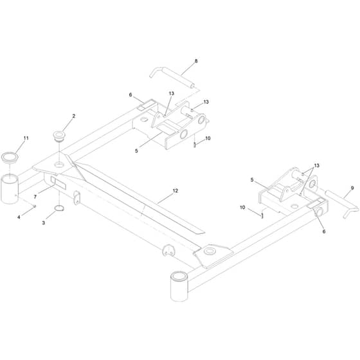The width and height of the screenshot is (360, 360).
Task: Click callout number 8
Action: [x=196, y=61]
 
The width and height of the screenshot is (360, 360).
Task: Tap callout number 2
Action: [x=74, y=116]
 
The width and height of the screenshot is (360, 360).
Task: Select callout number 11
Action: [x=26, y=138]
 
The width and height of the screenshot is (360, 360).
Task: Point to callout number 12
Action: [x=175, y=190]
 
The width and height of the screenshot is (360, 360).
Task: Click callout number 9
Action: [x=352, y=188]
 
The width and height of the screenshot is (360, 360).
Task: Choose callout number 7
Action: [x=35, y=197]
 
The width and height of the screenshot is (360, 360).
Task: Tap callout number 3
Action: [x=44, y=222]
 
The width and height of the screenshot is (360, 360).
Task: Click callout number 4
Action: [x=19, y=217]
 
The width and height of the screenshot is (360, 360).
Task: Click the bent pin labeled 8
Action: [x=172, y=77]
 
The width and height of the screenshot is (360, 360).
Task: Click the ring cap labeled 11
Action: [x=10, y=157]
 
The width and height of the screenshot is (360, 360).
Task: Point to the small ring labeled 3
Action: [x=59, y=208]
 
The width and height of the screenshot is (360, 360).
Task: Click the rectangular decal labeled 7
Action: [x=59, y=183]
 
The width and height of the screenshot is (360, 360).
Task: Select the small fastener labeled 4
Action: [x=34, y=206]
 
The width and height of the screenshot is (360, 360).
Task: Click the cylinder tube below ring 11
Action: [x=10, y=189]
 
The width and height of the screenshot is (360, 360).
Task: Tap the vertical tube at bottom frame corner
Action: [x=179, y=286]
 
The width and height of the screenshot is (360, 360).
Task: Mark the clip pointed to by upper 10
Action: [x=195, y=145]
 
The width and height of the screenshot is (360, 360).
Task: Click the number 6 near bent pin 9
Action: [x=324, y=231]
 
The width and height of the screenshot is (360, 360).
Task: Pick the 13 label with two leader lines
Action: [x=316, y=166]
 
